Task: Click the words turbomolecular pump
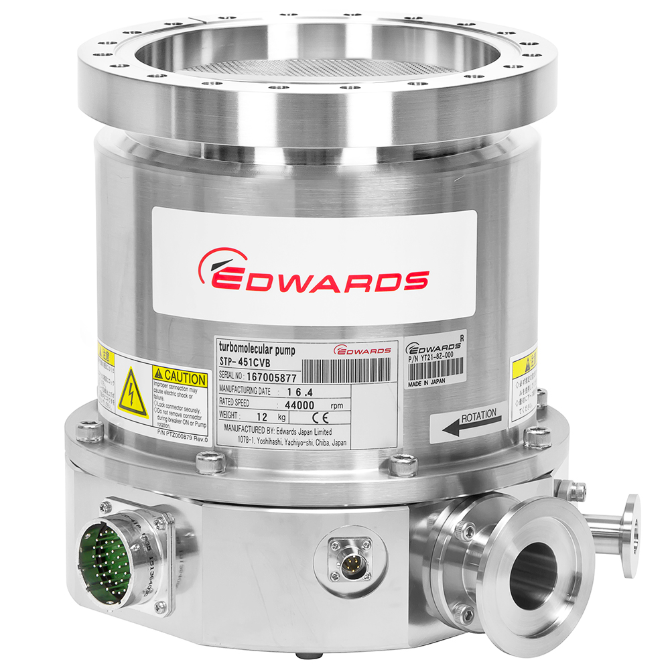pos(257,347)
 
